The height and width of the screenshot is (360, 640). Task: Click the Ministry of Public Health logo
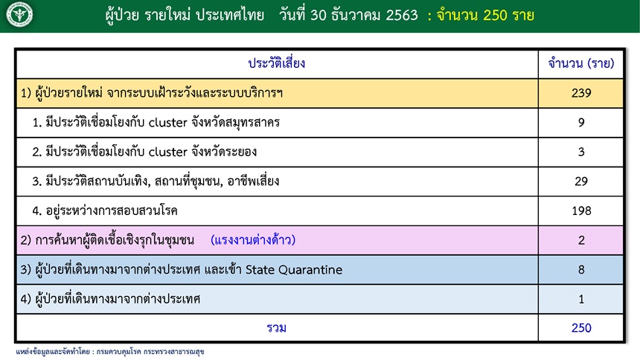click(x=19, y=15)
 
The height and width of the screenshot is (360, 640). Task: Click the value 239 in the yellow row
click(x=581, y=93)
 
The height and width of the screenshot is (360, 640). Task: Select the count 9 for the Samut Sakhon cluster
click(x=581, y=123)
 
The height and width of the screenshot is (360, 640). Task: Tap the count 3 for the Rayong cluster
click(x=581, y=152)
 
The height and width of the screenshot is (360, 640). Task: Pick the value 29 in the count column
click(x=581, y=181)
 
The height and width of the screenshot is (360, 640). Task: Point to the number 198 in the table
click(x=581, y=210)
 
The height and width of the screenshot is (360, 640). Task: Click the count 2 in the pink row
click(x=581, y=240)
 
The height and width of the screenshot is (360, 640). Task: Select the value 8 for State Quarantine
click(x=581, y=269)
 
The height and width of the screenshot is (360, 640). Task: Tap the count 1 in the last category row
click(x=581, y=299)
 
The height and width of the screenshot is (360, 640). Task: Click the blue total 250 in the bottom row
click(x=581, y=328)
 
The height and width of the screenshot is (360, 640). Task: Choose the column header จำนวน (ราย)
click(x=581, y=63)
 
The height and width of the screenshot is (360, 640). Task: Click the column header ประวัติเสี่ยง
click(x=277, y=63)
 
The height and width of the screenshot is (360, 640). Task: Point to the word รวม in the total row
click(x=276, y=328)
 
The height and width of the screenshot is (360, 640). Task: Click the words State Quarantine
click(x=294, y=269)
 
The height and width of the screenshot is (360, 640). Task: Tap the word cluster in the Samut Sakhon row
click(x=167, y=123)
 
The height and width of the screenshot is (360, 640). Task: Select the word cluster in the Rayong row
click(x=167, y=152)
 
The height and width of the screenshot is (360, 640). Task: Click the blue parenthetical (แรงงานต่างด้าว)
click(x=253, y=240)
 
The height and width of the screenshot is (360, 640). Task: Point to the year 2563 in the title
click(x=402, y=15)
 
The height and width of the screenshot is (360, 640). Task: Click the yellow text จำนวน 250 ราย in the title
click(x=485, y=16)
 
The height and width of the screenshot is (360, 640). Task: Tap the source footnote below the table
click(x=110, y=351)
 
